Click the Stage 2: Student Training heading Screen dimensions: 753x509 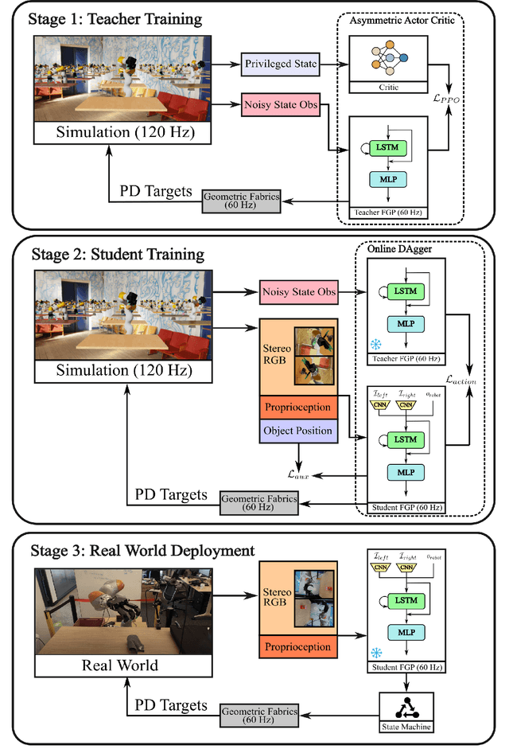click(x=118, y=255)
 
